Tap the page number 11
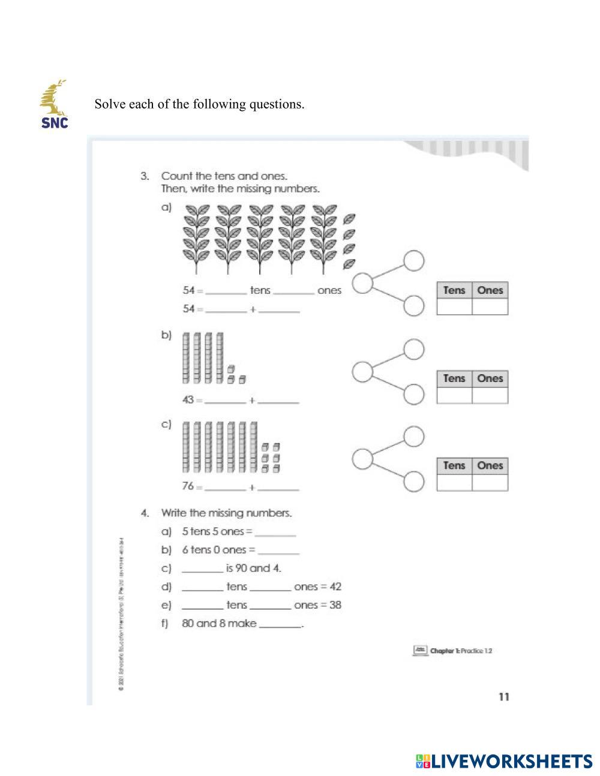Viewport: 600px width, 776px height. coord(503,696)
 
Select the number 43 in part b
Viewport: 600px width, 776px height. coord(188,399)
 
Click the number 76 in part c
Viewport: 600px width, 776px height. coord(188,486)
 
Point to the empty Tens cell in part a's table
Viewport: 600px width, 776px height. coord(454,306)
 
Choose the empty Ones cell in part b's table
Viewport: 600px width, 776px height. coord(490,395)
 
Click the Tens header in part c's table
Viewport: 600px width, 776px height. coord(454,465)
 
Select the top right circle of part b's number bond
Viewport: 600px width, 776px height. coord(413,348)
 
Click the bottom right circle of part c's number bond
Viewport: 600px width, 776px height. coord(413,481)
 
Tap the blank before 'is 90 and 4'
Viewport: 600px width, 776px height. coord(202,570)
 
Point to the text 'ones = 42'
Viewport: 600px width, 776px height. coord(317,586)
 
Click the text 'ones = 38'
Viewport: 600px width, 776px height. coord(317,605)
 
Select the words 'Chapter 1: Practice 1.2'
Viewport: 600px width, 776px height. coord(461,651)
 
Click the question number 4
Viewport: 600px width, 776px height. coord(145,513)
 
